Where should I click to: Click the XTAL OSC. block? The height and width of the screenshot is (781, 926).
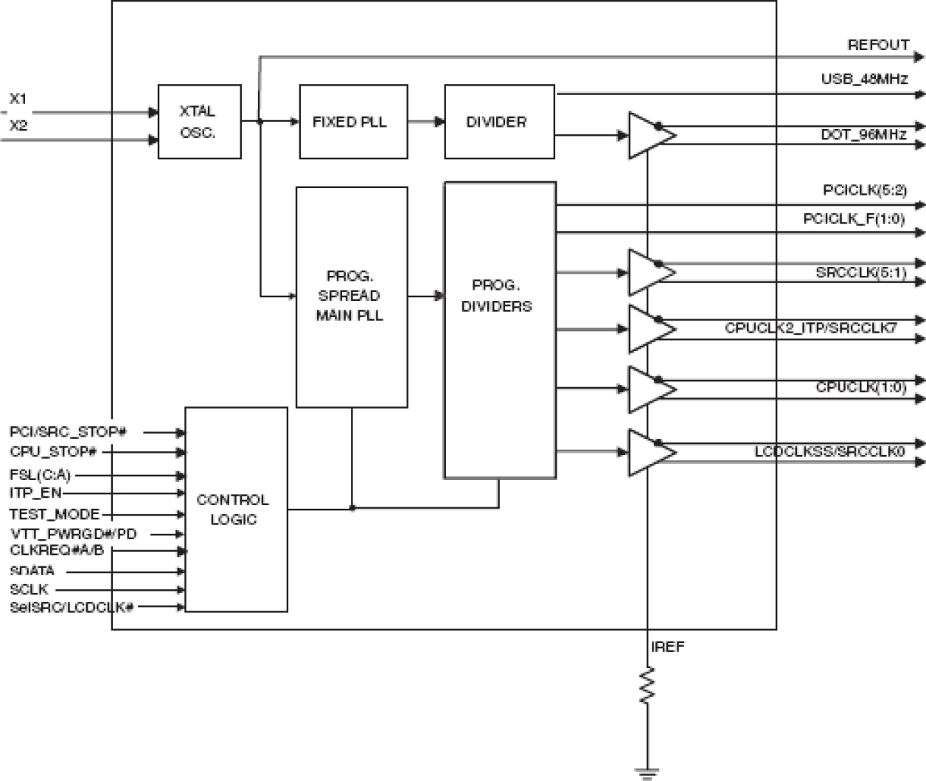point(199,122)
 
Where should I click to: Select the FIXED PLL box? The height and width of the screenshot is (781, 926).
point(353,122)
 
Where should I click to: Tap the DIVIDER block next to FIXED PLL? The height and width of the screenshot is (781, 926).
point(499,122)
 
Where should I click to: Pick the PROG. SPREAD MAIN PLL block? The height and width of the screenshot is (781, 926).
point(352,296)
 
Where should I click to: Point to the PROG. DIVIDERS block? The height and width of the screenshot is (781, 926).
point(499,330)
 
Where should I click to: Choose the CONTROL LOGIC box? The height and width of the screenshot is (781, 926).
point(236,509)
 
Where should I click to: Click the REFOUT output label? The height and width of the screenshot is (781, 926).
point(878,45)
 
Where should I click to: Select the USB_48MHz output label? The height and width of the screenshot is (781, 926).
point(864,79)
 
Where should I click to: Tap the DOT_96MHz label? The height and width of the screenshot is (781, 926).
point(863,135)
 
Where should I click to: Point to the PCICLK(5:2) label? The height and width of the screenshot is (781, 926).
point(864,190)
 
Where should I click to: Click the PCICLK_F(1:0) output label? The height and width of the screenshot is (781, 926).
point(854,218)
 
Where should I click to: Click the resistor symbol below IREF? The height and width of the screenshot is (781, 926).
point(647,685)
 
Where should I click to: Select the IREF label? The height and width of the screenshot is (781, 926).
point(667,647)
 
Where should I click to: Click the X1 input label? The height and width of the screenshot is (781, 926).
point(18,99)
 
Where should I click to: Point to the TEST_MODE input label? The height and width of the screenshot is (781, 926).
point(55,514)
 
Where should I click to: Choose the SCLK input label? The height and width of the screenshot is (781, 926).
point(29,589)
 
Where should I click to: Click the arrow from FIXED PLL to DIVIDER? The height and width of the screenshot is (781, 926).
point(426,122)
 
